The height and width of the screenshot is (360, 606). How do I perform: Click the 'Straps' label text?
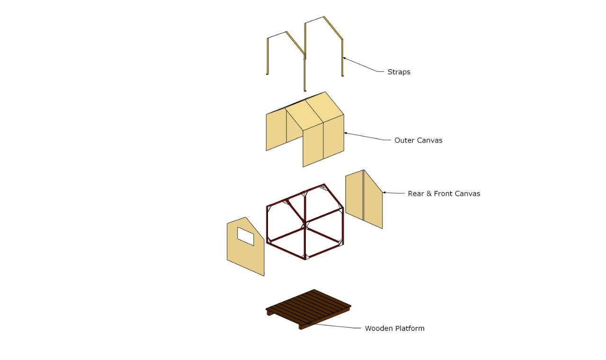399,72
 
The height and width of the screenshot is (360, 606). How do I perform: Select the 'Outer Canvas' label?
418,140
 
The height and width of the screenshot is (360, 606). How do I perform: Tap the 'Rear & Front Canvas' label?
444,194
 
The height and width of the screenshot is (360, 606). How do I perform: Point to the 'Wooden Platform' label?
394,328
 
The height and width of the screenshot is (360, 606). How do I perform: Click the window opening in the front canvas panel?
245,236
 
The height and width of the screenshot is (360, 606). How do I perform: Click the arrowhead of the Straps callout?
345,58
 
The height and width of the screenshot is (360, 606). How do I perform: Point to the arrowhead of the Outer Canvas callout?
346,133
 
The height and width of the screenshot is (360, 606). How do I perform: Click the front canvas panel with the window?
245,247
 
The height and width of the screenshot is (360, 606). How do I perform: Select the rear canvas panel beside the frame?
364,199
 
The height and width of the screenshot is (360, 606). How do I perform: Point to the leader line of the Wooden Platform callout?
336,326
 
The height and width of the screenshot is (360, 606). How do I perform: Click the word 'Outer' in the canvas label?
404,140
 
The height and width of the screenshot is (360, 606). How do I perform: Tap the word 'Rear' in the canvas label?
416,194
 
